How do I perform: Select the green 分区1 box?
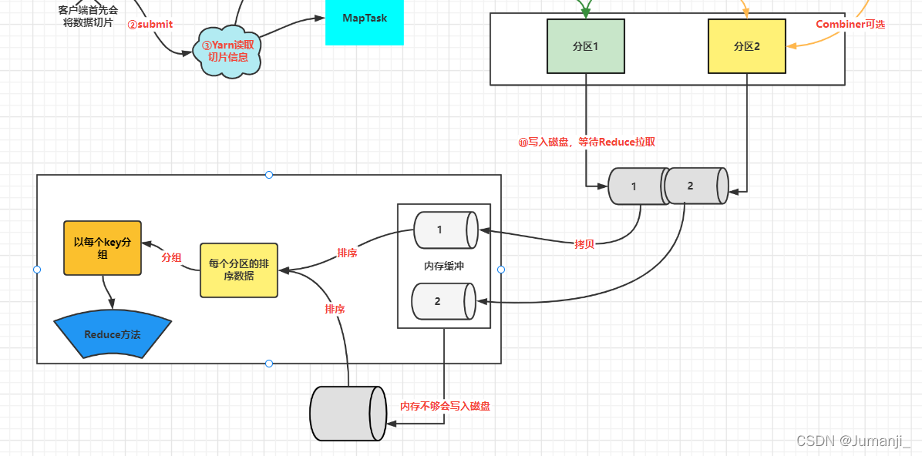tap(586, 46)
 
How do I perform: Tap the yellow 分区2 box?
tap(746, 46)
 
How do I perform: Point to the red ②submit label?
tap(150, 25)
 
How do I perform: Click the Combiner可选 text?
tap(850, 25)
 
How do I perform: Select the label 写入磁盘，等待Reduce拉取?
tap(587, 142)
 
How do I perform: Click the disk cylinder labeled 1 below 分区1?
tap(636, 186)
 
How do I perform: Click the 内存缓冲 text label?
tap(444, 266)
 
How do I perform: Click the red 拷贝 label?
tap(584, 243)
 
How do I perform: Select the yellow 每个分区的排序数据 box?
tap(239, 270)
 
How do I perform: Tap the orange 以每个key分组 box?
tap(103, 248)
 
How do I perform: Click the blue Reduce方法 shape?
tap(113, 336)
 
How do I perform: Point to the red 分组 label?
tap(171, 258)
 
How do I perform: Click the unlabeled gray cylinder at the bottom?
tap(348, 413)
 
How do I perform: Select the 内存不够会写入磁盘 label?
tap(445, 406)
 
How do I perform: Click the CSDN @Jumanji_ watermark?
tap(853, 441)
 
